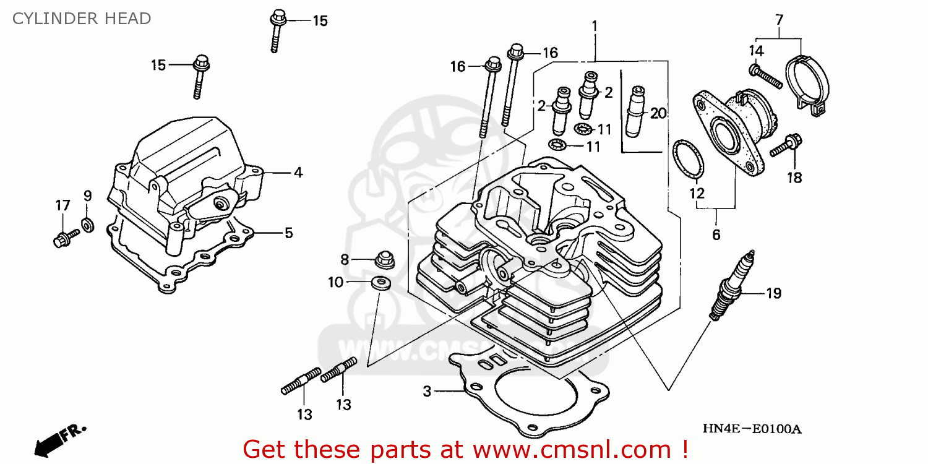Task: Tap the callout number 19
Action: click(773, 293)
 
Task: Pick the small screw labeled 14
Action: click(765, 75)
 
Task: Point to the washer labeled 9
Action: click(88, 223)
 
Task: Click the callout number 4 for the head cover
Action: click(298, 173)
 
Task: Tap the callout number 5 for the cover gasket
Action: click(288, 233)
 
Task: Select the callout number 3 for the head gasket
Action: click(427, 391)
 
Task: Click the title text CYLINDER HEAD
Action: click(82, 19)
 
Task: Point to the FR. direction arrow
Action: click(59, 437)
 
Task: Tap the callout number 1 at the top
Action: click(594, 26)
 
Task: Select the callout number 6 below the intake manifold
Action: click(716, 234)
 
